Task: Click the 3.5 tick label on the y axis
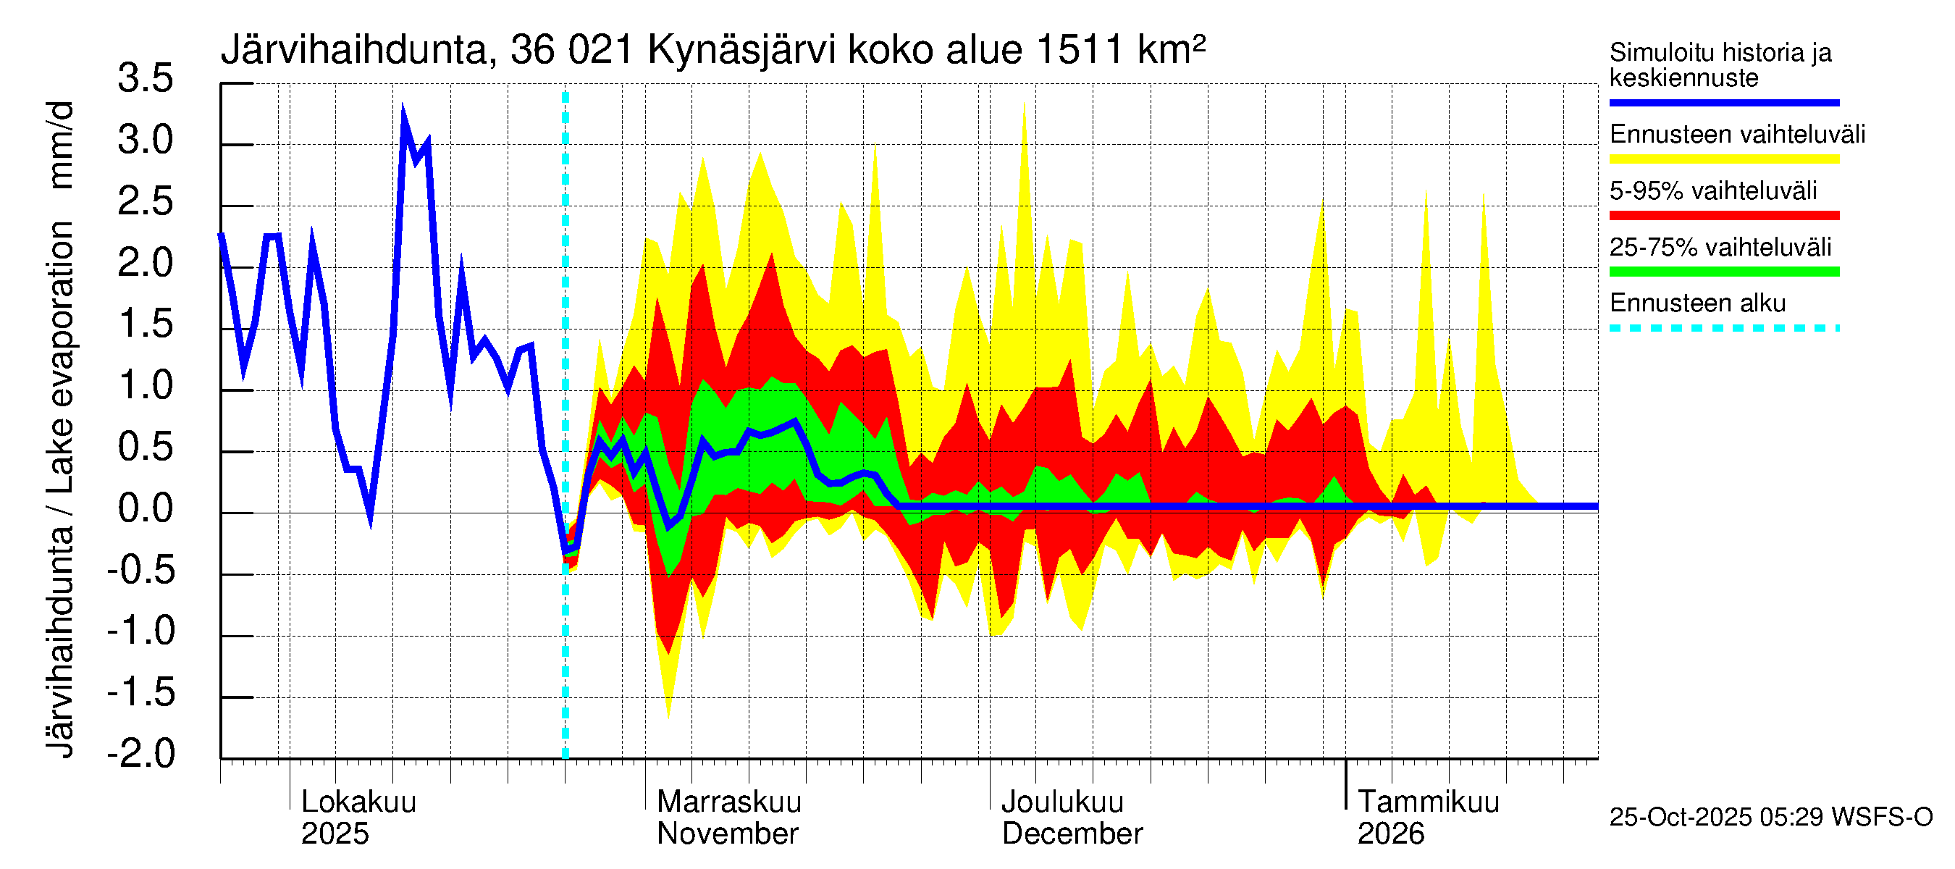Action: click(x=145, y=79)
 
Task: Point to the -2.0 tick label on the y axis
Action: click(x=141, y=754)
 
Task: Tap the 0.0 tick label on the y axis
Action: click(x=145, y=508)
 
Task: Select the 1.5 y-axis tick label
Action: click(x=145, y=324)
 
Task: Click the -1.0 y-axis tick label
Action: click(x=141, y=631)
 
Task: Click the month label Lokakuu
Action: click(x=359, y=802)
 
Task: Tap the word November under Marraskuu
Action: click(x=727, y=834)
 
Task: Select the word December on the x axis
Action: click(x=1072, y=834)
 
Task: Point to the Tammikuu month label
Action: click(x=1428, y=802)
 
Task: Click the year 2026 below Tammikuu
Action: click(x=1390, y=834)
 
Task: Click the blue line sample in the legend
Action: click(x=1723, y=102)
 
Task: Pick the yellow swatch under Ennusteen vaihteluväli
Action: click(x=1723, y=159)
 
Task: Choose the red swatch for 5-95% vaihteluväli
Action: click(x=1723, y=216)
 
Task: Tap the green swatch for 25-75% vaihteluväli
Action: click(x=1723, y=272)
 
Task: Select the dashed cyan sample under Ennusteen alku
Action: click(x=1723, y=329)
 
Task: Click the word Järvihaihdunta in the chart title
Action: click(x=354, y=50)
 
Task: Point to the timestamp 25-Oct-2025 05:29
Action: click(x=1718, y=818)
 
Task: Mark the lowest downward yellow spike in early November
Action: click(x=668, y=715)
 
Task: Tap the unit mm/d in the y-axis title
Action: click(x=61, y=145)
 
